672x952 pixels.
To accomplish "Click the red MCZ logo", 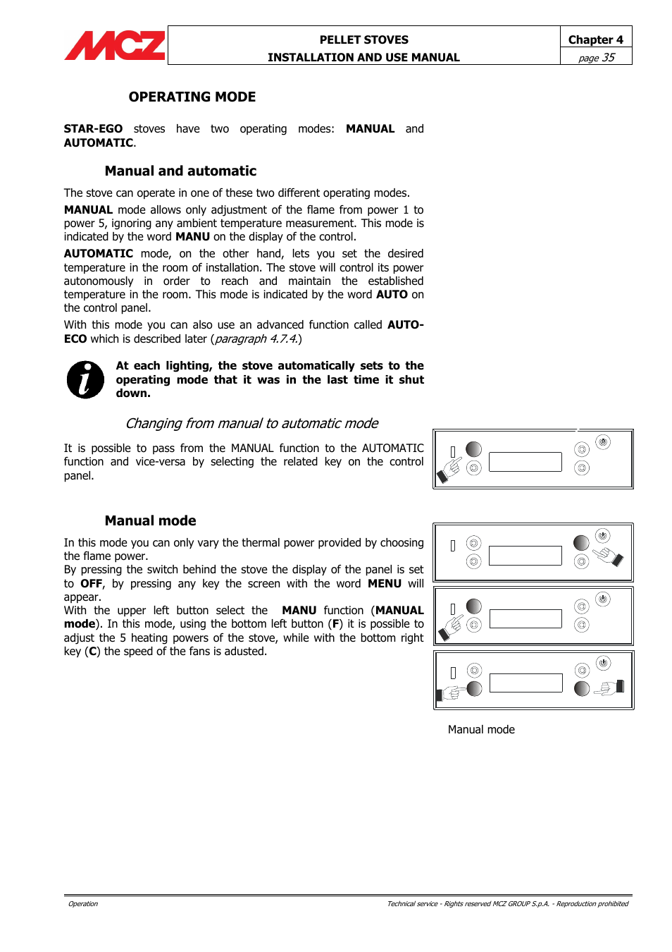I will (x=115, y=46).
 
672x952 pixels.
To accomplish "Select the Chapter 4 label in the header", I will (x=595, y=39).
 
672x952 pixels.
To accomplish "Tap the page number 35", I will (x=607, y=57).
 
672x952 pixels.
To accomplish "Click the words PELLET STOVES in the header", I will (x=363, y=39).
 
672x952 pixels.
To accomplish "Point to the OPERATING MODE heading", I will (x=192, y=97).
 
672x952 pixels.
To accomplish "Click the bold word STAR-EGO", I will (x=93, y=128).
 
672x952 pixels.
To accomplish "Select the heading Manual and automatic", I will (x=180, y=171).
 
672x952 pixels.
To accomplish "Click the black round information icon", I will (x=85, y=379).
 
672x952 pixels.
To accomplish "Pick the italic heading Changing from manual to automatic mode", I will (x=251, y=423).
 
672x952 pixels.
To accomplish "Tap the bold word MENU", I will (x=384, y=583).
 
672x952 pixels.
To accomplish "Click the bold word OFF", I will (x=91, y=583).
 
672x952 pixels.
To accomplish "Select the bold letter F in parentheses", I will (x=336, y=624).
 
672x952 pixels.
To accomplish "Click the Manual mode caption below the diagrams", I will (x=481, y=729).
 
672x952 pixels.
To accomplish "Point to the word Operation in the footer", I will (x=83, y=903).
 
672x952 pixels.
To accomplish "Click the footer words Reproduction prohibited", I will (x=592, y=903).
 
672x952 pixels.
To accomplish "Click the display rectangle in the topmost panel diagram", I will (x=525, y=462).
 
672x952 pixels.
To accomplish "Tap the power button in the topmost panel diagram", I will (x=602, y=442).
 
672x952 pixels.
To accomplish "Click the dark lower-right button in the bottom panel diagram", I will (x=582, y=688).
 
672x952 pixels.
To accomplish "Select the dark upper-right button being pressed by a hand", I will (x=581, y=542).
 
